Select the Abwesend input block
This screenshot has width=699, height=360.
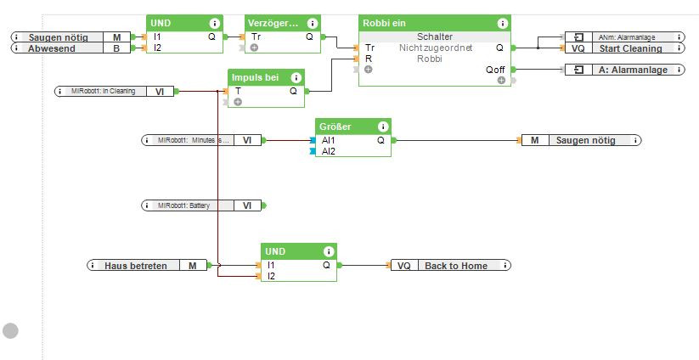tap(71, 48)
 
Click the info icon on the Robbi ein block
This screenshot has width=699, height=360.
tap(503, 24)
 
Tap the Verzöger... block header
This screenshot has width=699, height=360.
tap(273, 24)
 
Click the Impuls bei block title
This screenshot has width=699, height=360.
tap(255, 78)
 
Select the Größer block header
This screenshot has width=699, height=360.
tap(335, 127)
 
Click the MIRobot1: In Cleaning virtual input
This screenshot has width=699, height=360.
tap(114, 91)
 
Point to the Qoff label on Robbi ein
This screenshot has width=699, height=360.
tap(495, 70)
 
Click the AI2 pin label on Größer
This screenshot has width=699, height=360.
tap(328, 151)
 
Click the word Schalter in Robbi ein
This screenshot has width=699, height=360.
tap(435, 37)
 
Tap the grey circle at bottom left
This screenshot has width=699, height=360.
tap(10, 330)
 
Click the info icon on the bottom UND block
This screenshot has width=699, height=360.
tap(326, 252)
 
